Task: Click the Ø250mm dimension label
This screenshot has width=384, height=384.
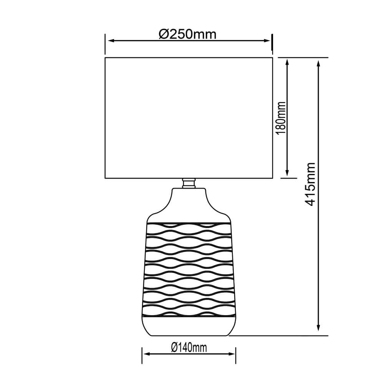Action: coord(188,35)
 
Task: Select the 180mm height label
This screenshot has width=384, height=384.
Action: coord(281,118)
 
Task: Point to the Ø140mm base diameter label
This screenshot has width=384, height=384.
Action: coord(189,348)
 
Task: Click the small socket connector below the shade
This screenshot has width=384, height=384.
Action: coord(189,183)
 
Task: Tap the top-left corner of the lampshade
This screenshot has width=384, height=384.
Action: coord(105,58)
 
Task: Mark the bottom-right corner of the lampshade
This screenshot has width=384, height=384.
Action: coord(272,178)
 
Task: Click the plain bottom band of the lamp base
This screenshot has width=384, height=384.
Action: coord(189,326)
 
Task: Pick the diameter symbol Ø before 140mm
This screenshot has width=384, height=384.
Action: coord(174,348)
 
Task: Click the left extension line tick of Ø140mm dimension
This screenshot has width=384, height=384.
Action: coord(142,355)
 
